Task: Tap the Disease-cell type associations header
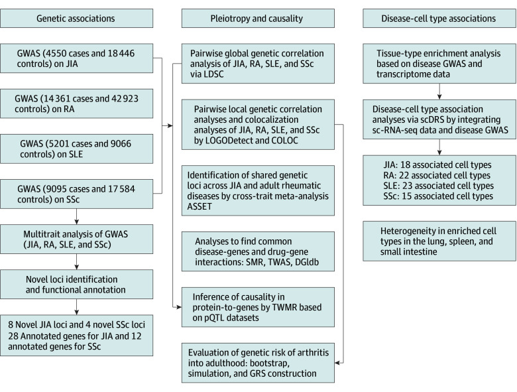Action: [439, 19]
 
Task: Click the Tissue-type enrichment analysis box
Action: [439, 64]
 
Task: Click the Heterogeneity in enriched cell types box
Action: [439, 241]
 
